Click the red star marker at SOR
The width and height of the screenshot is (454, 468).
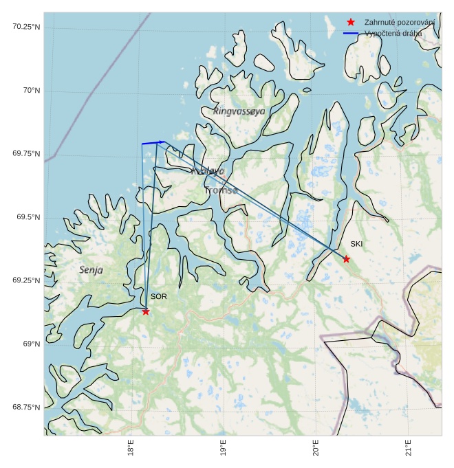(x=146, y=311)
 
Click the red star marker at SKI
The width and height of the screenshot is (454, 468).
(x=346, y=259)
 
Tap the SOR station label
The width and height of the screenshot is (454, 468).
(x=159, y=297)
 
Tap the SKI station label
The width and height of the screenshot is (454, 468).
(x=356, y=244)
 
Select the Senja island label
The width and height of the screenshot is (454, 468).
(x=91, y=270)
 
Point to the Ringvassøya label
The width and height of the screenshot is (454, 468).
(x=239, y=111)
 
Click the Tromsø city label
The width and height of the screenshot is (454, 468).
(x=221, y=190)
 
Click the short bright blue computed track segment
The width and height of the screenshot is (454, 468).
(x=153, y=143)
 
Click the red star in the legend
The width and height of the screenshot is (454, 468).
(x=351, y=23)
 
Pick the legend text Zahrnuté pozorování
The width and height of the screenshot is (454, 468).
(x=400, y=23)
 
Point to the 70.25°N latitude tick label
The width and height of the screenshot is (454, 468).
(x=26, y=27)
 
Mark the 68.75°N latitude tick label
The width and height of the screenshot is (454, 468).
(x=26, y=408)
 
